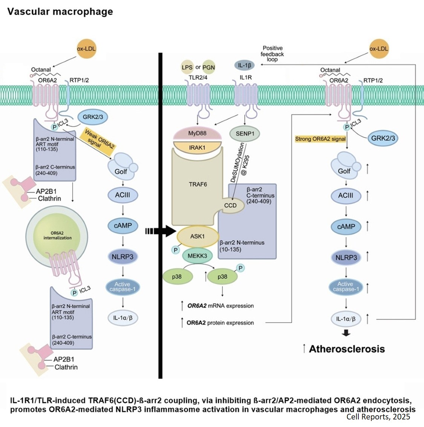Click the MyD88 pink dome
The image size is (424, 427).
coord(197,134)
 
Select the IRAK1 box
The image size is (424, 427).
coord(197,148)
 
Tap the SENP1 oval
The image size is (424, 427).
coord(245,134)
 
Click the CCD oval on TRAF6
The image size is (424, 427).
coord(230,205)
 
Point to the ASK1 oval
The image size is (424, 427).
coord(197,236)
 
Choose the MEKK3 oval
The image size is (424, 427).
coord(197,256)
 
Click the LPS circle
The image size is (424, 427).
coord(187,67)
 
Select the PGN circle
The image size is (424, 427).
coord(208,67)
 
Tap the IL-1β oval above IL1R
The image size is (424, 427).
coord(244,65)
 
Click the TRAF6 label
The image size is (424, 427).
coord(197,184)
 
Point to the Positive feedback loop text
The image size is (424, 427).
coord(272,54)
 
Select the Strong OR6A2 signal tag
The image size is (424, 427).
coord(320,139)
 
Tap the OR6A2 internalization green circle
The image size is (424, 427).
coord(57,236)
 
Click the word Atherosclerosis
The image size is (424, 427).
coord(347,349)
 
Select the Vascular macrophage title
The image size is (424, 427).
coord(60,11)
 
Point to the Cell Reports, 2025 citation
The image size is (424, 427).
coord(378,417)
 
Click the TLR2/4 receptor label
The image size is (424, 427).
coord(198,77)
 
